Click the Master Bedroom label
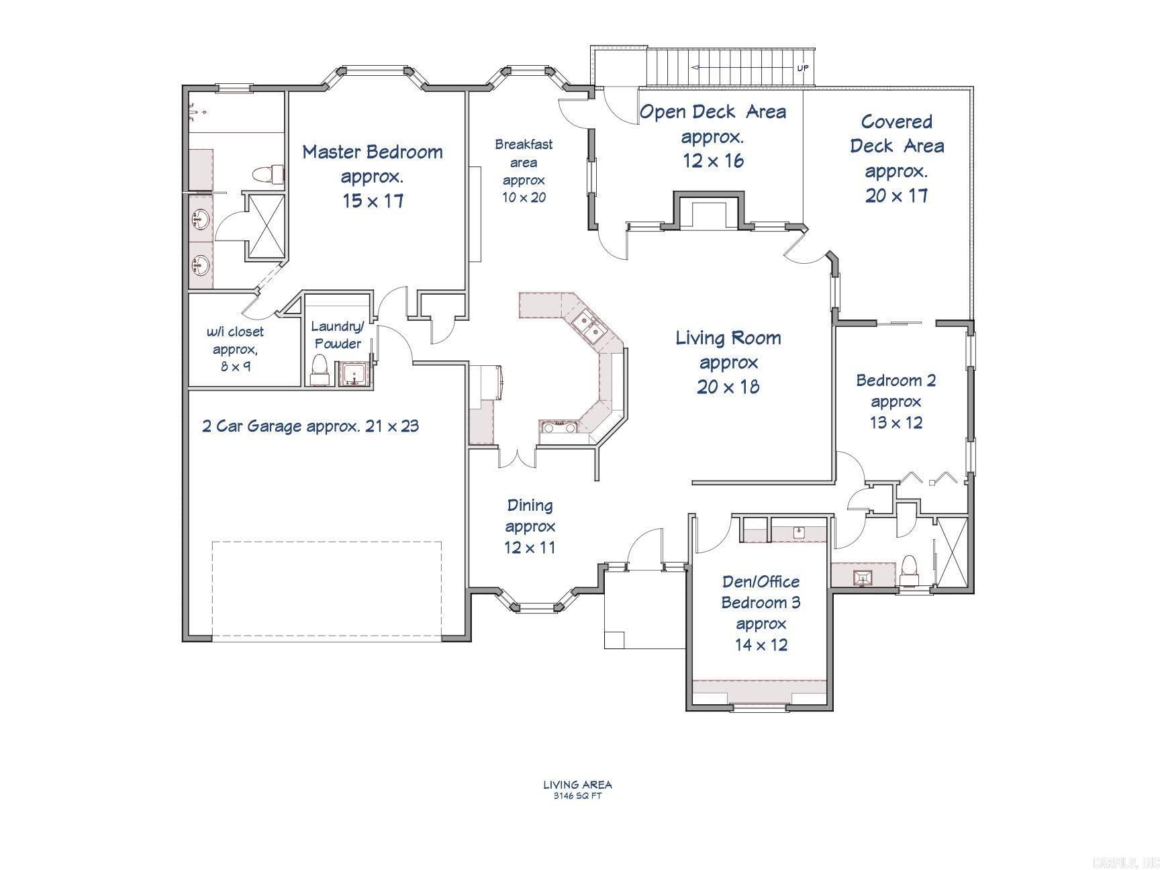click(x=373, y=152)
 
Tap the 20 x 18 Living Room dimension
click(x=728, y=387)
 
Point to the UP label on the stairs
click(x=802, y=68)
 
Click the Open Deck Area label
click(x=712, y=112)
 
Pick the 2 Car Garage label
click(x=311, y=426)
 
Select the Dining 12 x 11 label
click(x=530, y=526)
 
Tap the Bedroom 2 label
click(x=896, y=381)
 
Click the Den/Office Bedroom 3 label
click(x=761, y=592)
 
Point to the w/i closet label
click(x=234, y=332)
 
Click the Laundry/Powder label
click(x=337, y=334)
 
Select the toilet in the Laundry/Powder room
click(x=319, y=369)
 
